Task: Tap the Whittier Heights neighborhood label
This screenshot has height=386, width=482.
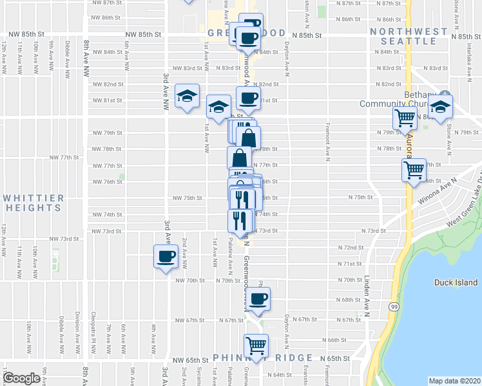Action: (x=32, y=203)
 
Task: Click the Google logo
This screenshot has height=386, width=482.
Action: (x=21, y=378)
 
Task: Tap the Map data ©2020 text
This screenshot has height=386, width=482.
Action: (x=454, y=380)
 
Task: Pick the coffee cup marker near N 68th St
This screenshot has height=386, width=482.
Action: (x=258, y=299)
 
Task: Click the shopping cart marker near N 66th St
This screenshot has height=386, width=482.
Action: (x=256, y=345)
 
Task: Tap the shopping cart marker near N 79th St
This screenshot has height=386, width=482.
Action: (x=405, y=118)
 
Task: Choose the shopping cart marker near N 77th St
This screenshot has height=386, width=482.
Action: (x=414, y=170)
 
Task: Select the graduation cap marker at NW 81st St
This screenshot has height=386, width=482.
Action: (x=188, y=96)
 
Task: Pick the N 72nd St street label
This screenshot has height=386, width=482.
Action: (x=351, y=247)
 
